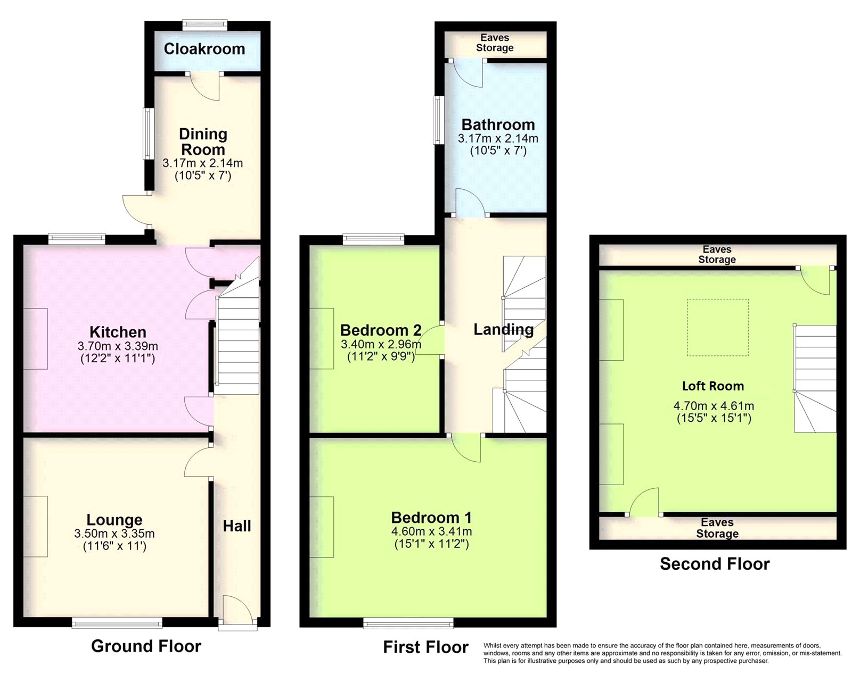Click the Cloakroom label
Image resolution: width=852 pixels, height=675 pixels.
tap(204, 49)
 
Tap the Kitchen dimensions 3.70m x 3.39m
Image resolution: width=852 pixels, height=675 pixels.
tap(118, 346)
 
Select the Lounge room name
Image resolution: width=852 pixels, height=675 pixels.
tap(114, 520)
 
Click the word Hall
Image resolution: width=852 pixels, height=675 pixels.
tap(237, 526)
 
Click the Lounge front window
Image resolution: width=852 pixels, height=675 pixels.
tap(117, 622)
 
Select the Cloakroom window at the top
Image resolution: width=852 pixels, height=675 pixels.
tap(205, 24)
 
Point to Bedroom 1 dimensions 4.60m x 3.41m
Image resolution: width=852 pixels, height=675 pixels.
tap(431, 531)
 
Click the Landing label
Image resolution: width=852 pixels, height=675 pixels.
tap(503, 329)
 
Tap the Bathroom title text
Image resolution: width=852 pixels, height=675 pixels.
tap(498, 125)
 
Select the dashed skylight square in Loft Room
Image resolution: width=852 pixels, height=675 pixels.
tap(717, 327)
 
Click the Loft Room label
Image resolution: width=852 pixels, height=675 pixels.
tap(713, 386)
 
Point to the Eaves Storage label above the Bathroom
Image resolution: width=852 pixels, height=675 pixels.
tap(495, 43)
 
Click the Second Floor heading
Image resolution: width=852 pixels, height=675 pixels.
tap(715, 564)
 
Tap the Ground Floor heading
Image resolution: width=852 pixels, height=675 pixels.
tap(146, 646)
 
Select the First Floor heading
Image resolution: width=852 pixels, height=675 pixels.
tap(425, 647)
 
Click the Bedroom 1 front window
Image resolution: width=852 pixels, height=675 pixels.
tap(409, 622)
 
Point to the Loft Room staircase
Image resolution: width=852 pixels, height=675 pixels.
tap(815, 378)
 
